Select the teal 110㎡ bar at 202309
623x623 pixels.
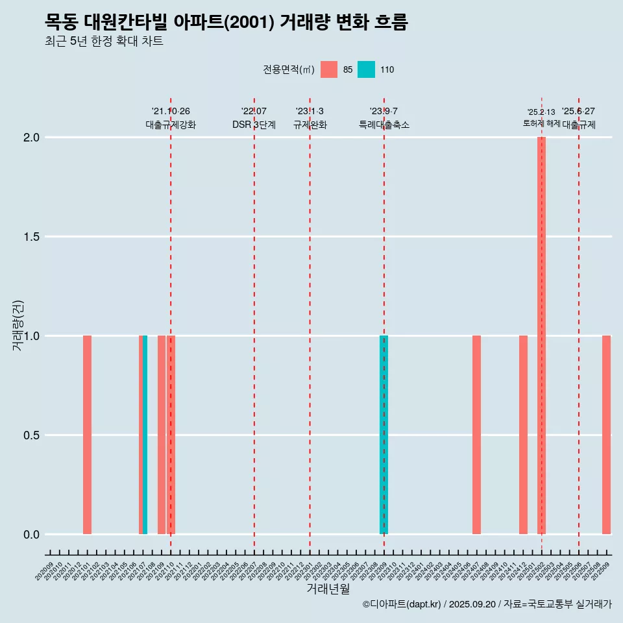point(384,435)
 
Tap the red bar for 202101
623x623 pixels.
point(87,435)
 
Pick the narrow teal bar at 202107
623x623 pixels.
point(145,435)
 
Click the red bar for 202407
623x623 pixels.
point(476,435)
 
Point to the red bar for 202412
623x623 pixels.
point(523,435)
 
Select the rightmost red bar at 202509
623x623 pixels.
point(606,435)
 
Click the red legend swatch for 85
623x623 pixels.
point(329,69)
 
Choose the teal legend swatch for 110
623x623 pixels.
point(366,69)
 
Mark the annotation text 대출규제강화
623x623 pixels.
point(171,125)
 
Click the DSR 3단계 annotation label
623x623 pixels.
point(254,125)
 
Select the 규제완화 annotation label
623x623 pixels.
point(310,125)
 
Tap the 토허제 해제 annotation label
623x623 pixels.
point(541,123)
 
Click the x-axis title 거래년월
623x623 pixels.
point(328,589)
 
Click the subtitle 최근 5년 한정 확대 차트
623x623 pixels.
point(104,42)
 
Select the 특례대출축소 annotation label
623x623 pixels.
point(384,125)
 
